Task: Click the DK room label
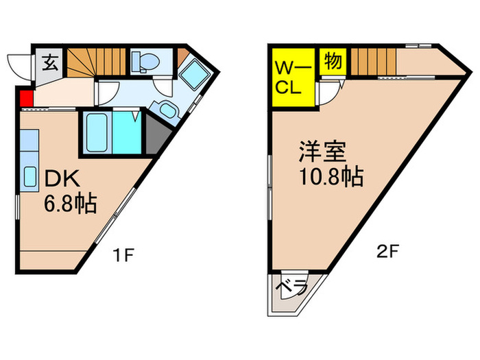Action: [62, 179]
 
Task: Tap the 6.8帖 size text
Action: [70, 204]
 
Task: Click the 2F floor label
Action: [387, 252]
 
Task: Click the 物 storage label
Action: [333, 60]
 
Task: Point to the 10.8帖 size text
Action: [331, 178]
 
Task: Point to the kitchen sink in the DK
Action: [29, 177]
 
